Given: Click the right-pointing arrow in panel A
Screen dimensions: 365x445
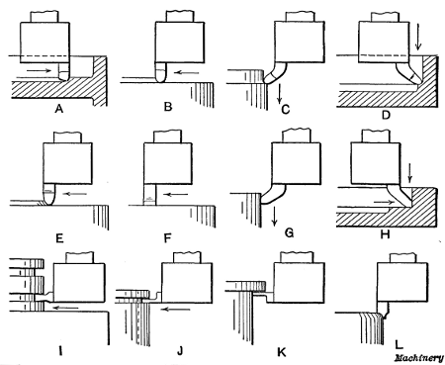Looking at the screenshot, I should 44,71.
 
